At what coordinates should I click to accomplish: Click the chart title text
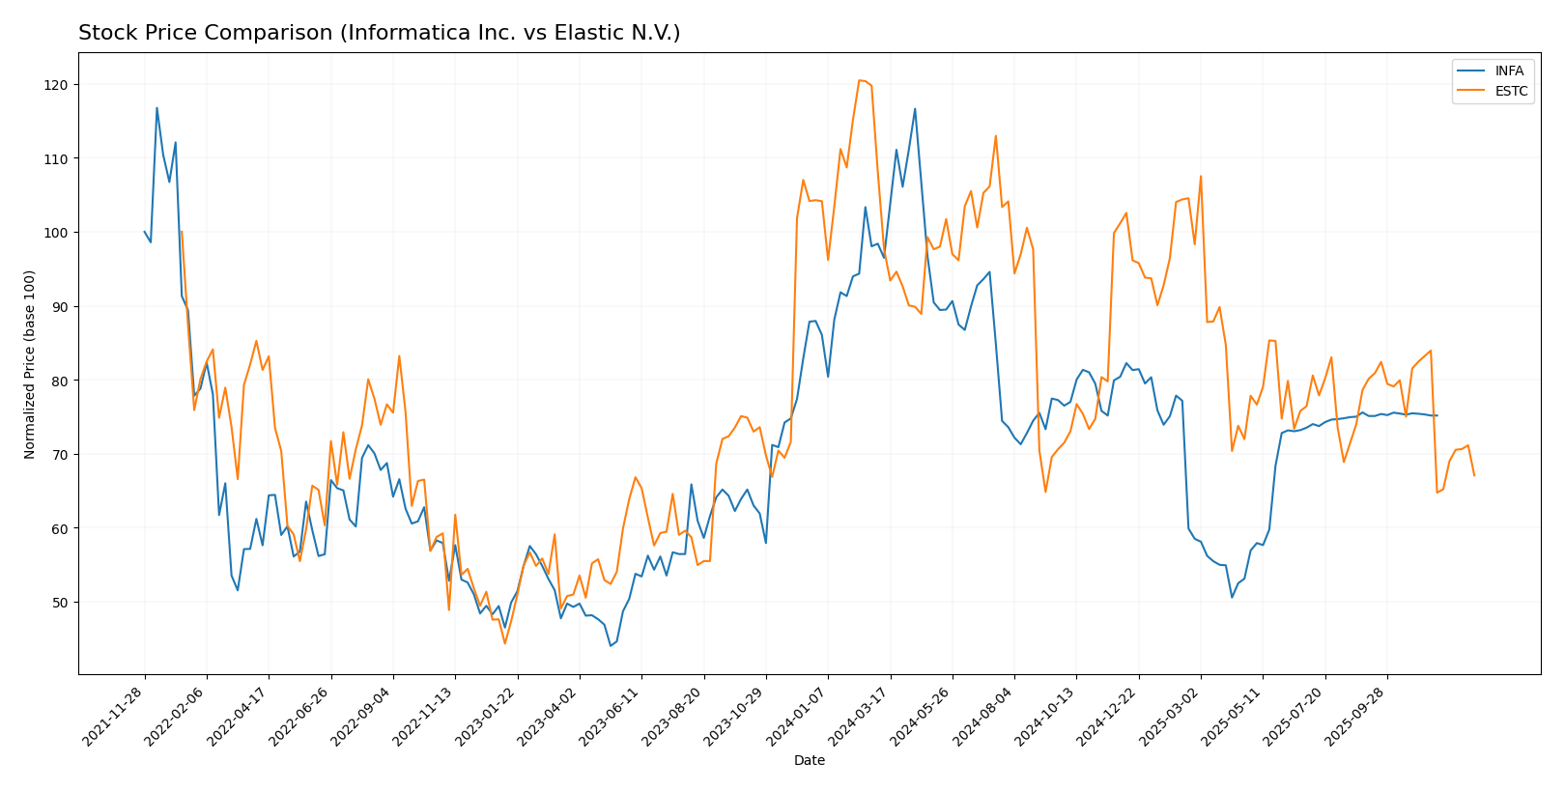(x=379, y=34)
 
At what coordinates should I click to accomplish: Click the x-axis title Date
(x=809, y=761)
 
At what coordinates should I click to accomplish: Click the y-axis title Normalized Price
(x=30, y=364)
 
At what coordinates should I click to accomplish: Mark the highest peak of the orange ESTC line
(x=859, y=80)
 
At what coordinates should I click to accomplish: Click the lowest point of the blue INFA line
(x=610, y=646)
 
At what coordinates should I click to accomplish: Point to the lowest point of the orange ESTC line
(x=504, y=643)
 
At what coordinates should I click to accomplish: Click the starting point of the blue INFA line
(x=145, y=232)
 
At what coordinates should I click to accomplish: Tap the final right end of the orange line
(x=1474, y=475)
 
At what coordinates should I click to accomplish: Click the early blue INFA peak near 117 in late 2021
(x=156, y=108)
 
